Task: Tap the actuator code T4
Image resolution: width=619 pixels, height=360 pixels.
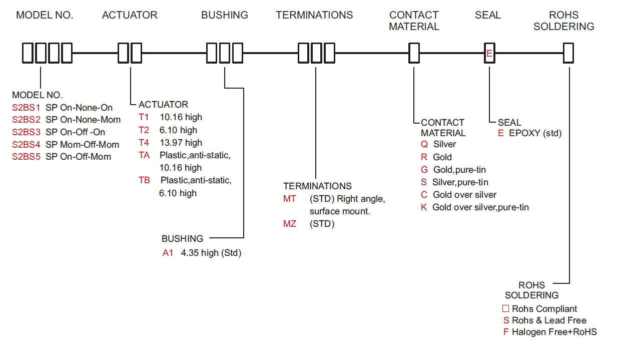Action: pos(144,143)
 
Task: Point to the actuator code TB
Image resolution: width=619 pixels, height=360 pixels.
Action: pos(144,180)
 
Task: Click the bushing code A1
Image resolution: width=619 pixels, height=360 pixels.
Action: pos(168,253)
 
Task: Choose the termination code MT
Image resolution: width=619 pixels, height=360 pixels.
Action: pos(290,199)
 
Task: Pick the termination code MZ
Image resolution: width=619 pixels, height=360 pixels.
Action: pos(290,224)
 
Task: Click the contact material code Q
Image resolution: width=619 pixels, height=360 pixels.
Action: pos(424,144)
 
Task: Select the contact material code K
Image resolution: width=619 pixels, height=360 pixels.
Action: pos(424,207)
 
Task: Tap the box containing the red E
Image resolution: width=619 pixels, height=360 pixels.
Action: pos(489,53)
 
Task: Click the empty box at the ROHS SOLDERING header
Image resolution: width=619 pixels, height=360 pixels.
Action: pos(568,53)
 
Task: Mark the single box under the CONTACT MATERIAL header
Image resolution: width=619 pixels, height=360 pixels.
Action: pos(414,53)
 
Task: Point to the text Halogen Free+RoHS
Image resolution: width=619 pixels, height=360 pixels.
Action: pos(554,331)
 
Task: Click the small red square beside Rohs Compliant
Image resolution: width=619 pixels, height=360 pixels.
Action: pos(505,308)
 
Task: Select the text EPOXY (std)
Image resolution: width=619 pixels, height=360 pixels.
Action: pos(535,133)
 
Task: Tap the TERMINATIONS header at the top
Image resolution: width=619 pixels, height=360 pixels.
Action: pos(314,15)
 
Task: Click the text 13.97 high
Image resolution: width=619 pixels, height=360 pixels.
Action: pos(181,143)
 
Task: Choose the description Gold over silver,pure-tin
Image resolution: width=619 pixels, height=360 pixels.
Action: pos(480,207)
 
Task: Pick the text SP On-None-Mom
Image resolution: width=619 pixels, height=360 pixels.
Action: pos(83,120)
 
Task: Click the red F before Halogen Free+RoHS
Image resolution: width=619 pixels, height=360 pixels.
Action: pos(506,331)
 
